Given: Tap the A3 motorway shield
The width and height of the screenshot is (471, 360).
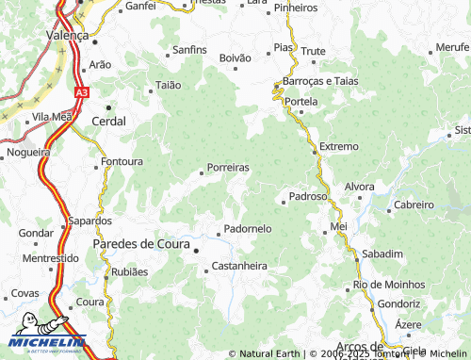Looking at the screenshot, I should (82, 92).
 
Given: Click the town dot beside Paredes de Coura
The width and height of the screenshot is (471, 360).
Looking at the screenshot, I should (197, 251).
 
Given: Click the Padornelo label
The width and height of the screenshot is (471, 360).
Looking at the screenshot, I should (248, 229).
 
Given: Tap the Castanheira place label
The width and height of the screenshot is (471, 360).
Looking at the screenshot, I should (239, 267).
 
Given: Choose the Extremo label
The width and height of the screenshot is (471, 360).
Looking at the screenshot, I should (339, 147).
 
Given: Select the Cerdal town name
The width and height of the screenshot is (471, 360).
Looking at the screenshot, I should (109, 121).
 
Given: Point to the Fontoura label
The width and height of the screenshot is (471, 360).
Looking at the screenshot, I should (122, 161).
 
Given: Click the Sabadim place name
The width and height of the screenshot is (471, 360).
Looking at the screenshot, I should (382, 254).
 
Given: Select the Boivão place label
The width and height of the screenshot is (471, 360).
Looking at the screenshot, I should (235, 58).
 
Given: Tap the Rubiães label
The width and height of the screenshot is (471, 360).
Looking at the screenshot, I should (130, 271).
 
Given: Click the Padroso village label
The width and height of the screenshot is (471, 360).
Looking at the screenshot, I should (308, 196).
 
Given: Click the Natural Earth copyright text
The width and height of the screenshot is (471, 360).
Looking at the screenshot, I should (267, 353).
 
